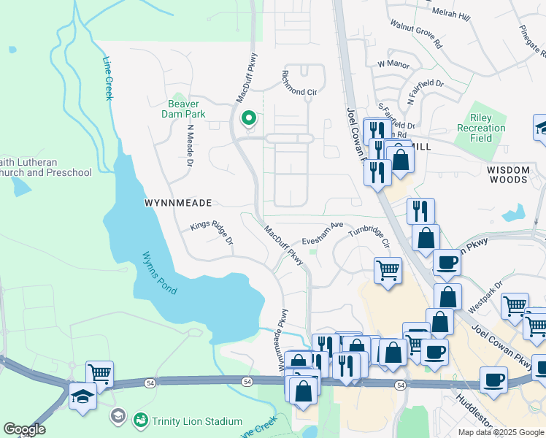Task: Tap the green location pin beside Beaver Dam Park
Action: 248,118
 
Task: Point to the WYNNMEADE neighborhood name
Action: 177,202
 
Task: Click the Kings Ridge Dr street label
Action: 212,234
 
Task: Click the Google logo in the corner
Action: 25,429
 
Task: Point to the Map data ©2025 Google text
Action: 500,432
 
